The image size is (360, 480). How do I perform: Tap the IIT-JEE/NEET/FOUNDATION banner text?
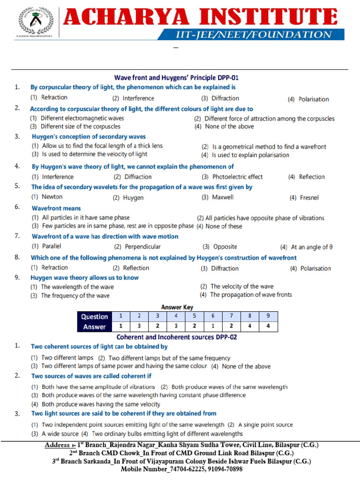pyautogui.click(x=254, y=34)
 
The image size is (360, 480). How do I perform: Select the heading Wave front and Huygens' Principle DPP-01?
pyautogui.click(x=180, y=77)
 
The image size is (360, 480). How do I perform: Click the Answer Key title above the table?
pyautogui.click(x=177, y=307)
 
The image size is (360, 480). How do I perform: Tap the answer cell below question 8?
pyautogui.click(x=249, y=327)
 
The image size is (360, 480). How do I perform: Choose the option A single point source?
pyautogui.click(x=260, y=425)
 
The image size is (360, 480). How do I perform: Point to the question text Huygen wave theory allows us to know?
pyautogui.click(x=84, y=277)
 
